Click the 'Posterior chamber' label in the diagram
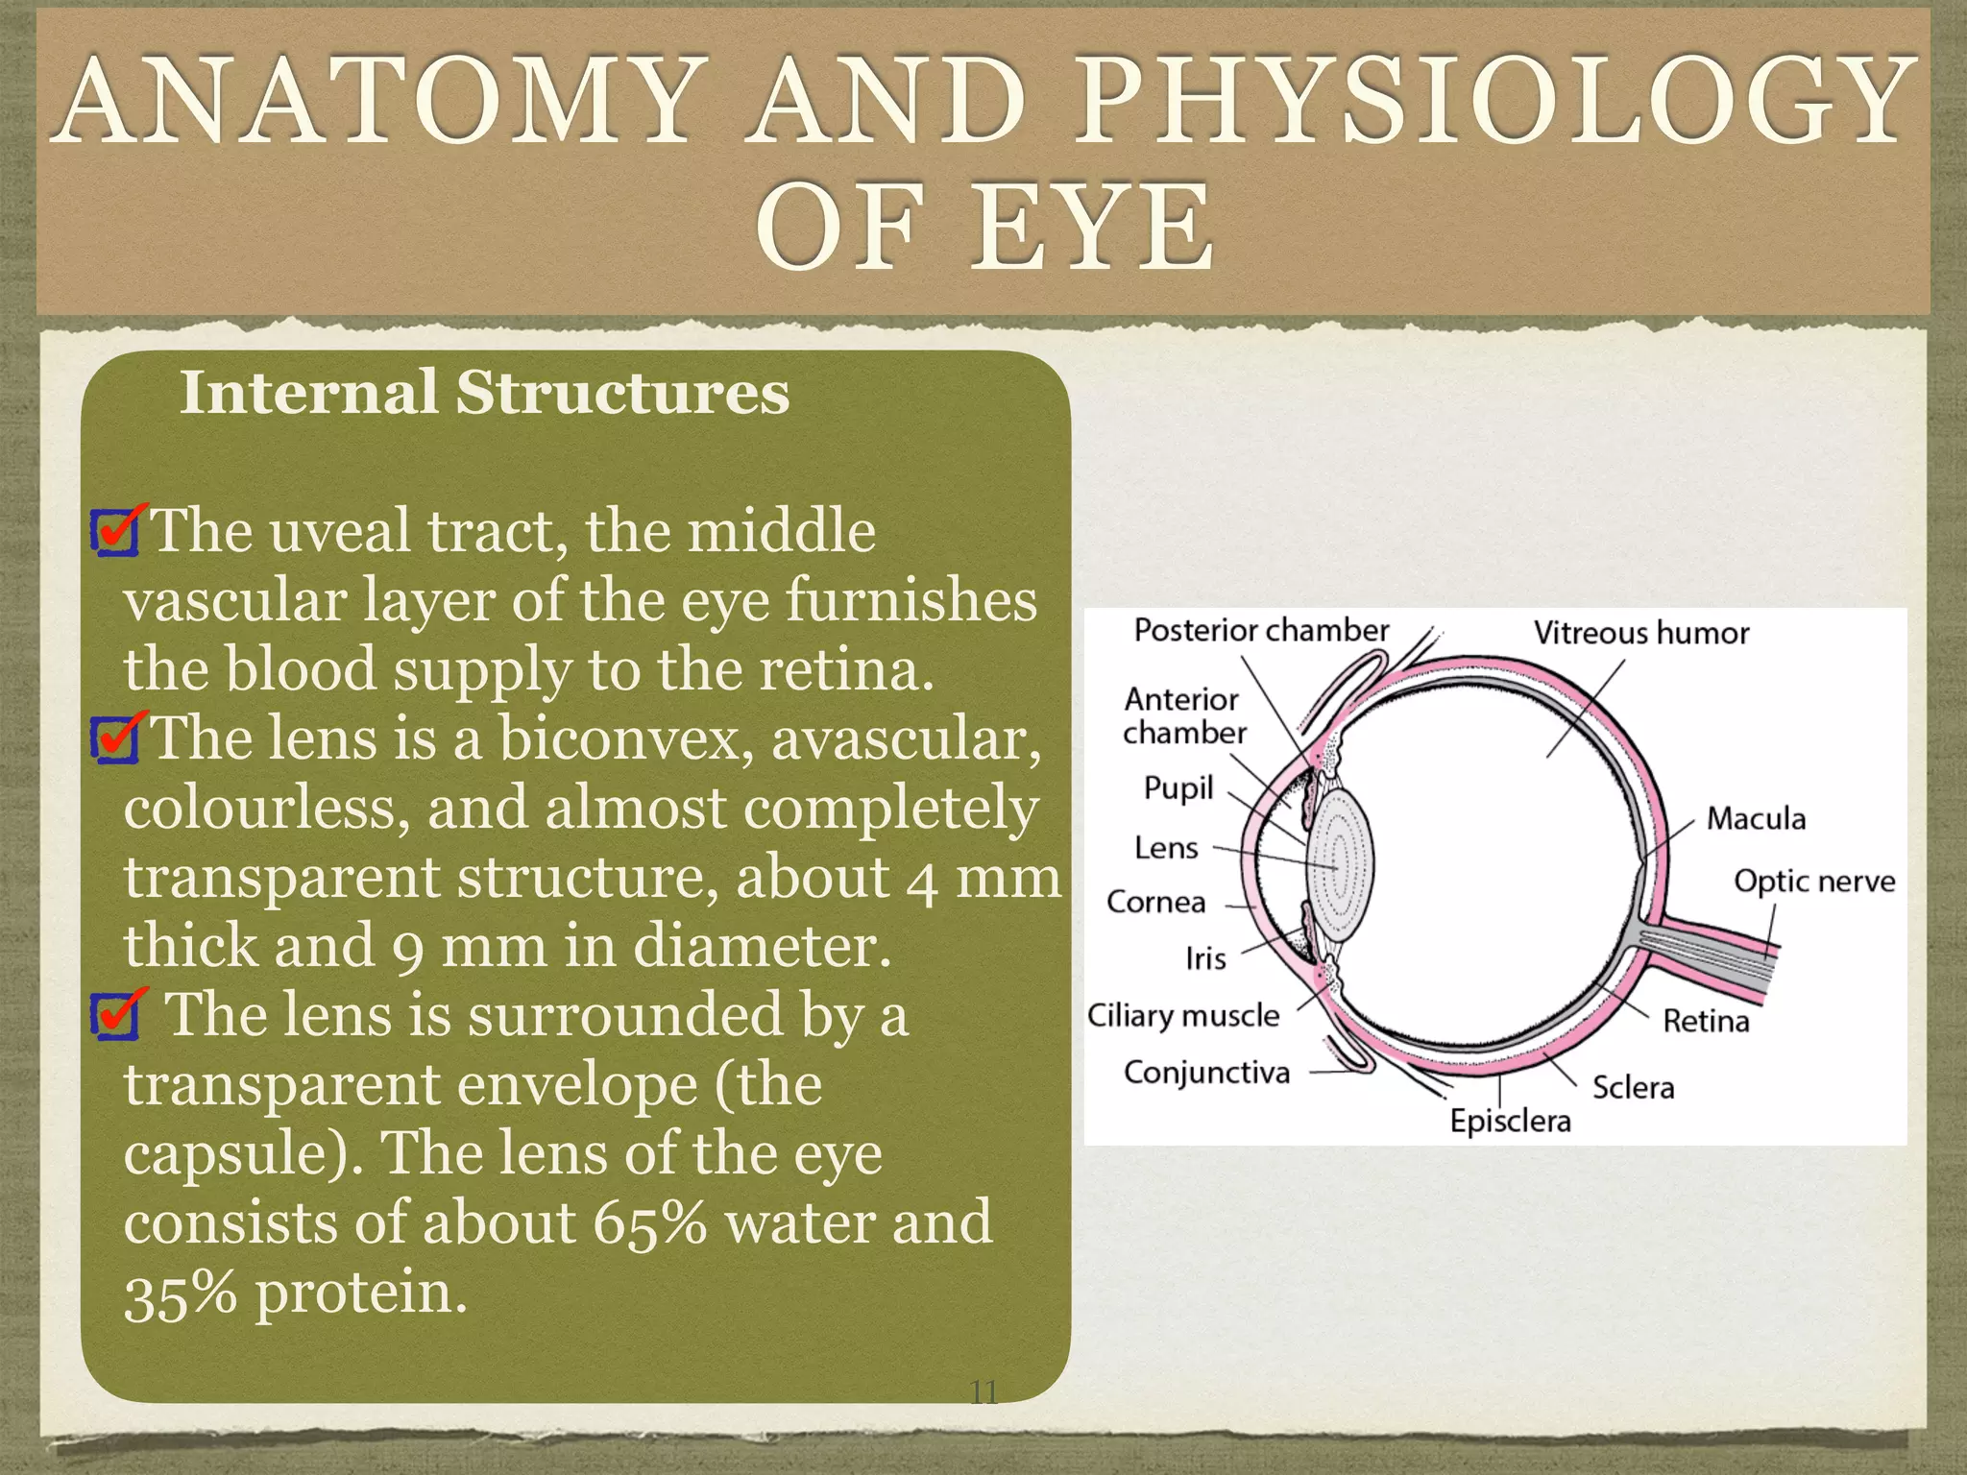1260,631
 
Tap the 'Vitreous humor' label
1640,634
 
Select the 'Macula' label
1756,819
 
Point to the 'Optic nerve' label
1813,882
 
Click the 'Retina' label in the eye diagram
1706,1021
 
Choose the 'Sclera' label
1633,1088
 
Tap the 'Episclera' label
1510,1121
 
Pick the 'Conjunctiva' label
1206,1072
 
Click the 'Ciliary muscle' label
1183,1016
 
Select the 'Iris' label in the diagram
1205,958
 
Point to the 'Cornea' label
1155,903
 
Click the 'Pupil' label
1178,788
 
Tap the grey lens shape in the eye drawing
1339,864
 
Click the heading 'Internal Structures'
484,393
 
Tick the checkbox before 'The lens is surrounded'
115,1017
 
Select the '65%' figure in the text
649,1222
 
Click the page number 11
983,1392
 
